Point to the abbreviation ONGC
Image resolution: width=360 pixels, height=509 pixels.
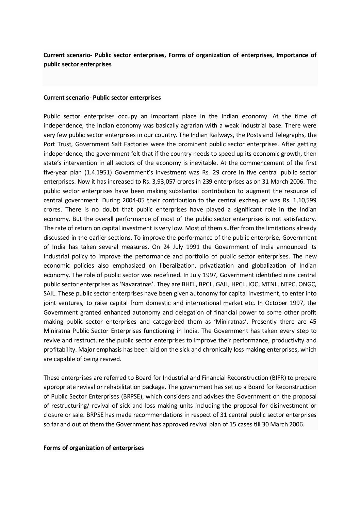click(308, 284)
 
